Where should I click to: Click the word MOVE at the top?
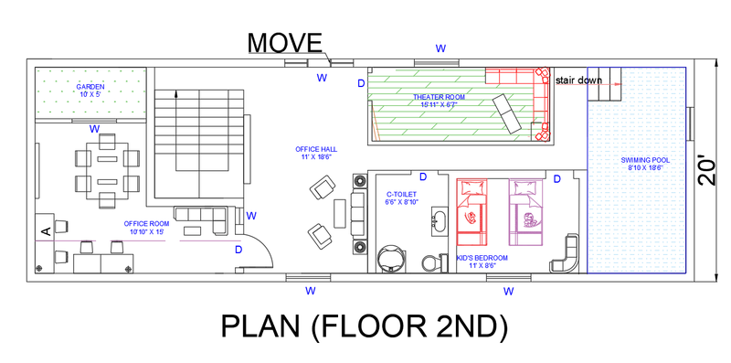click(x=285, y=42)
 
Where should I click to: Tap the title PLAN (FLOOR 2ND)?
click(x=364, y=326)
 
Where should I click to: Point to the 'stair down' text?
click(x=578, y=80)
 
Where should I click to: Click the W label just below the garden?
click(x=94, y=129)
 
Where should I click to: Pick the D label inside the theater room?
click(x=361, y=83)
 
